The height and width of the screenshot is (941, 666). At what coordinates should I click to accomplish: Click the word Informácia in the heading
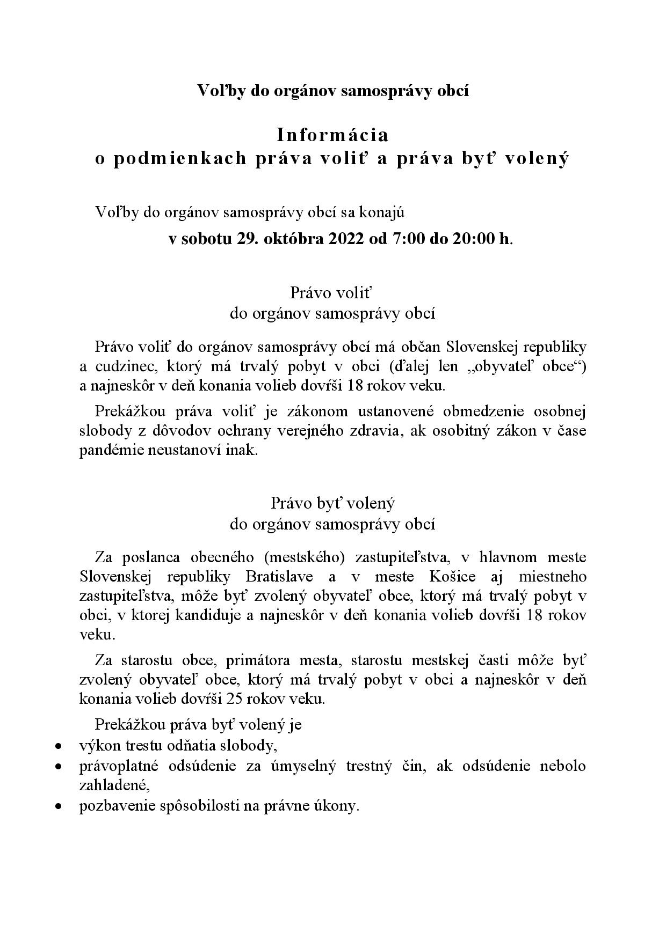(x=332, y=135)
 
